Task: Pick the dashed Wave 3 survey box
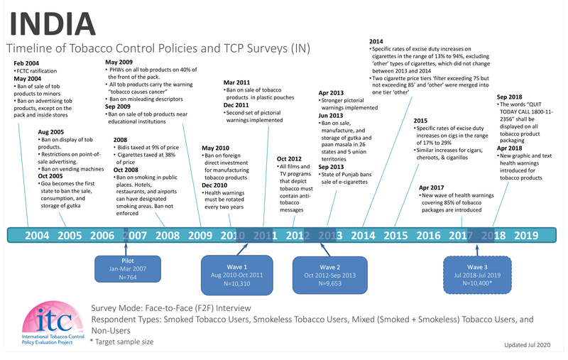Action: pyautogui.click(x=474, y=271)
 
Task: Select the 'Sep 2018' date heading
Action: pyautogui.click(x=510, y=97)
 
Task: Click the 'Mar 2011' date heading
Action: pyautogui.click(x=237, y=82)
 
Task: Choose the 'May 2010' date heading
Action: pyautogui.click(x=216, y=147)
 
